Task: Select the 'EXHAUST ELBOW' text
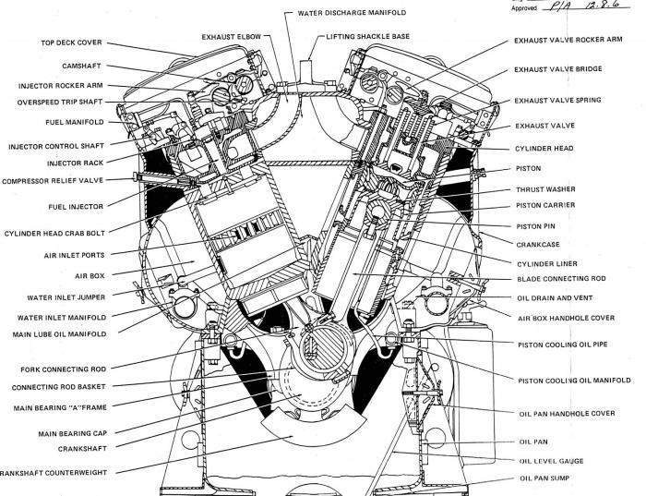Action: pos(231,37)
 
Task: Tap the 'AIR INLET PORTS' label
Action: pos(74,255)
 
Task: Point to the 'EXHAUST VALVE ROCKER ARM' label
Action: pos(568,41)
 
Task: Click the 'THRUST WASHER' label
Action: pos(546,188)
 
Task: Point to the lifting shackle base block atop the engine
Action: pos(309,71)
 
